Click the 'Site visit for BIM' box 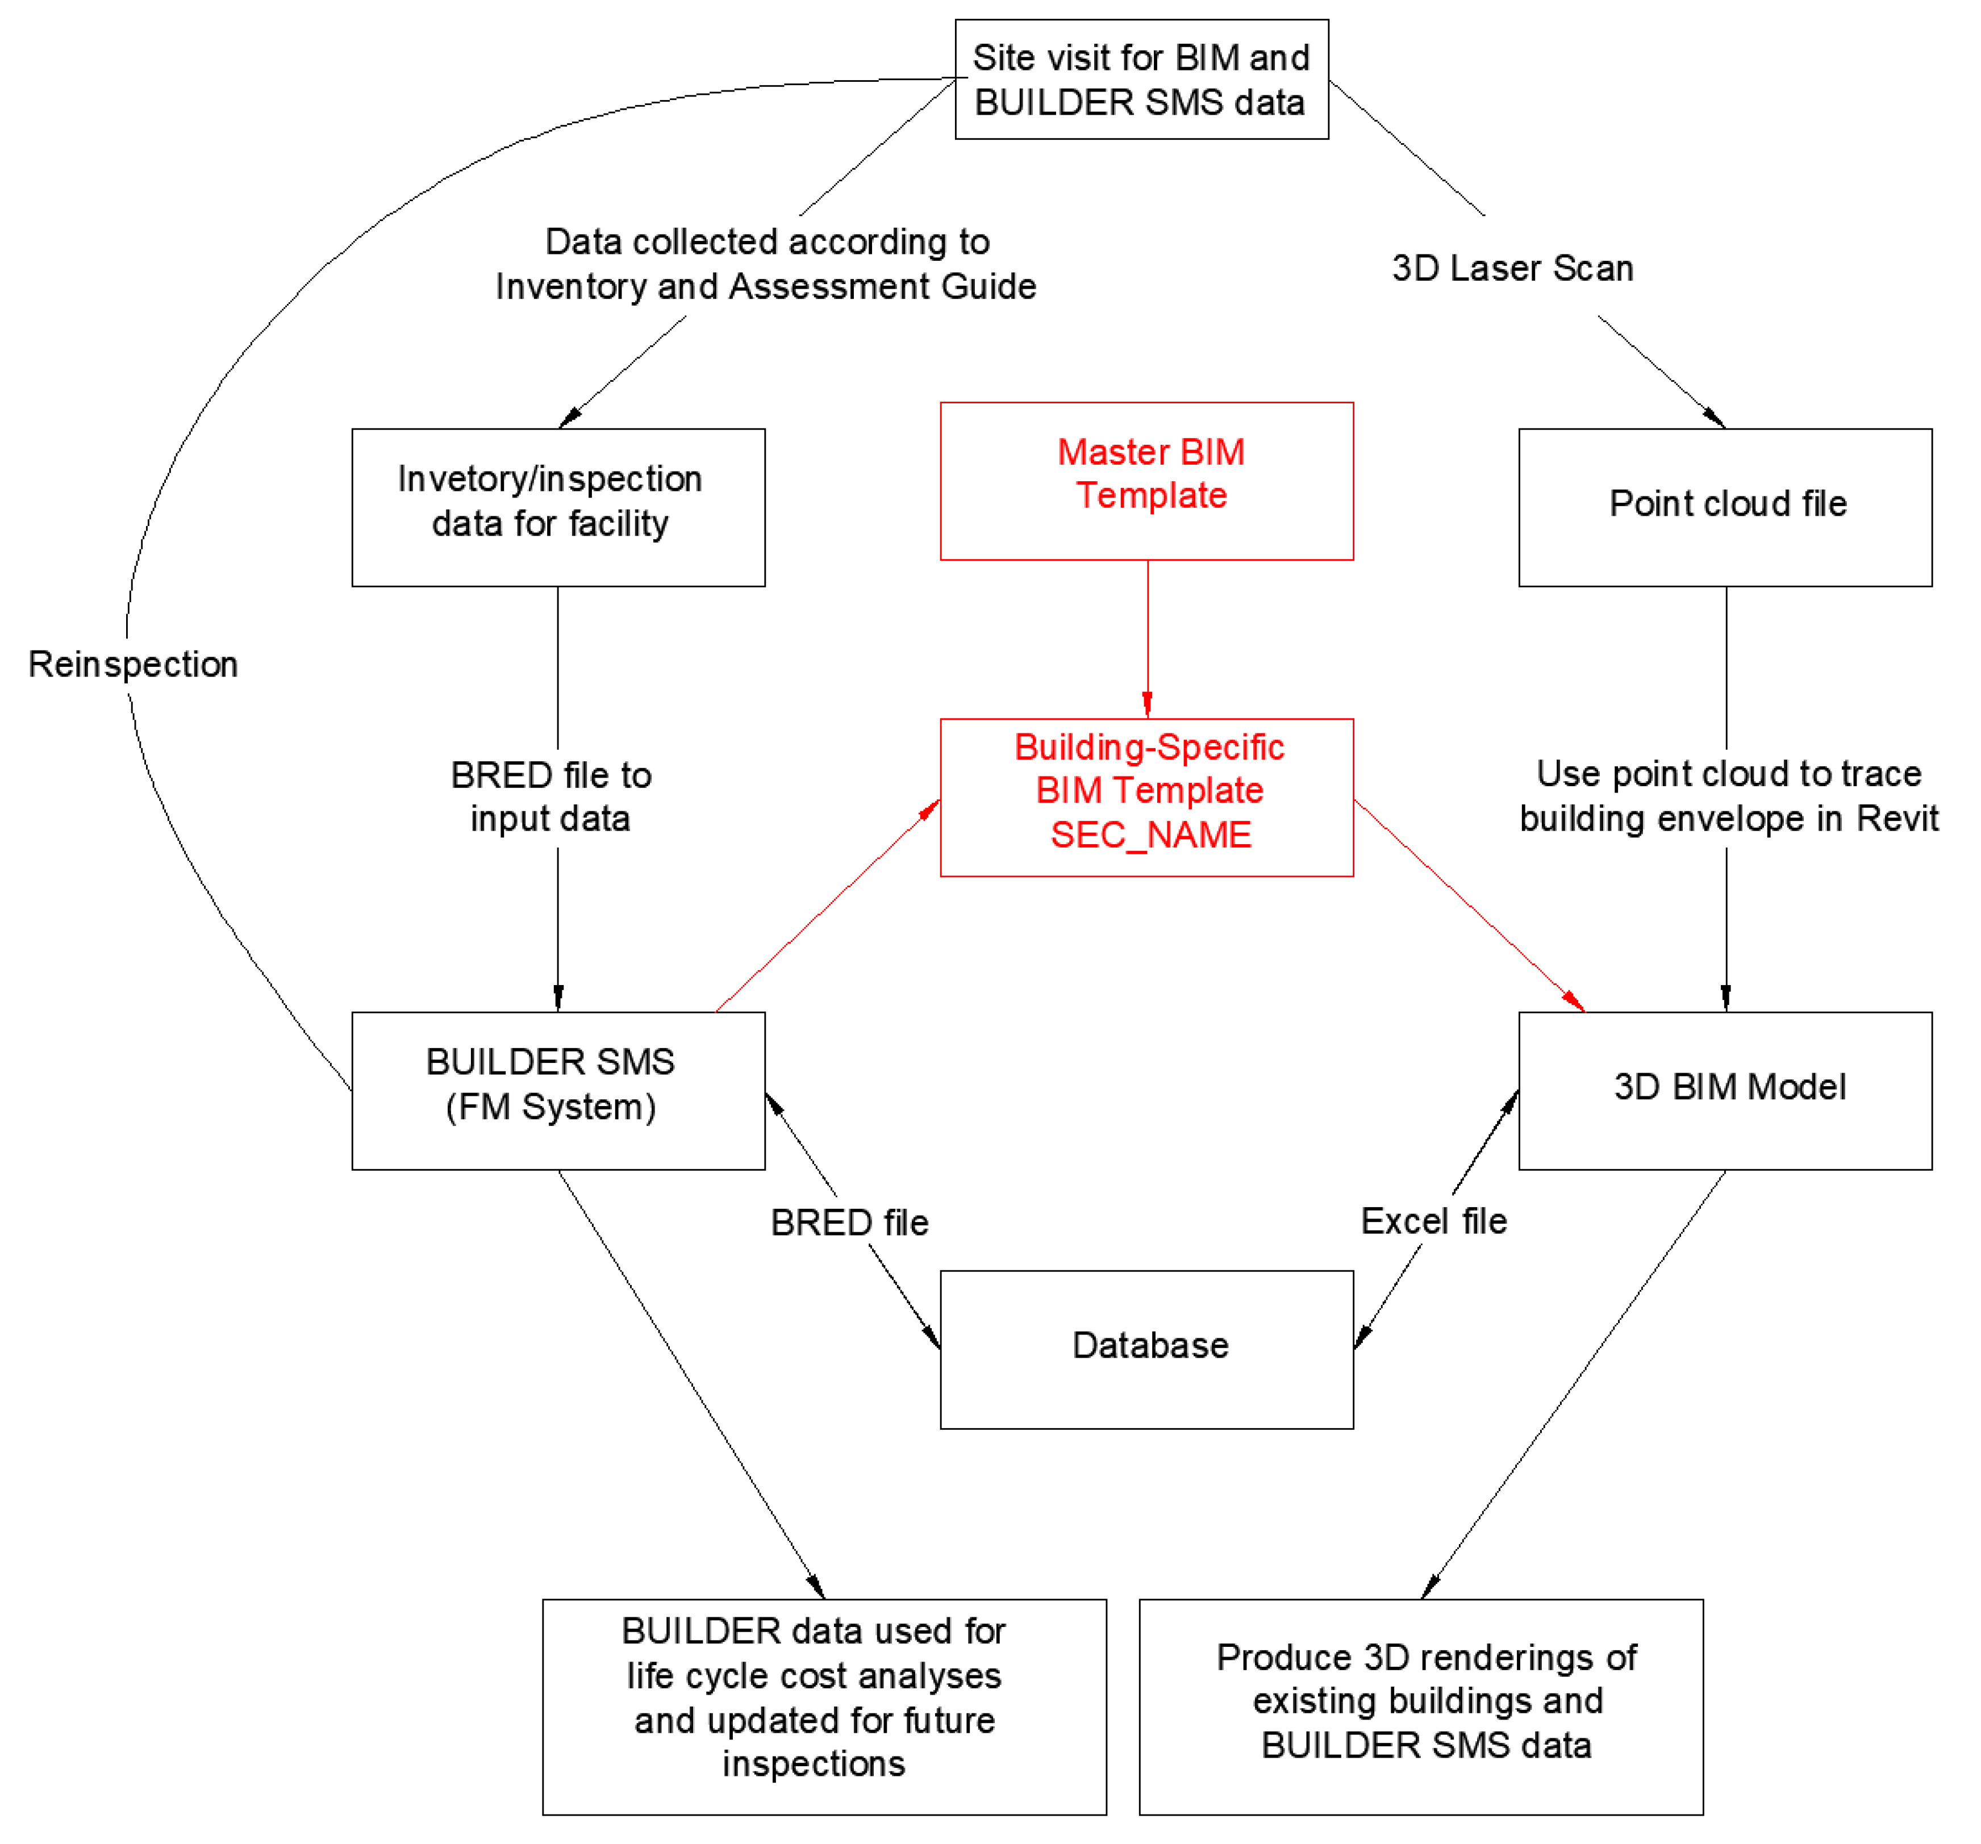click(x=1141, y=80)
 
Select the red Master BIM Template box click(x=1146, y=481)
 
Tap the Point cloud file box click(x=1725, y=507)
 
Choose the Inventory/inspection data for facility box click(x=558, y=507)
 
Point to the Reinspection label click(x=132, y=665)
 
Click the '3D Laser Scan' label click(x=1512, y=268)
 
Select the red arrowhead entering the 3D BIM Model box click(x=1574, y=1001)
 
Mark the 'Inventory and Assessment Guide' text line click(x=765, y=287)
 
